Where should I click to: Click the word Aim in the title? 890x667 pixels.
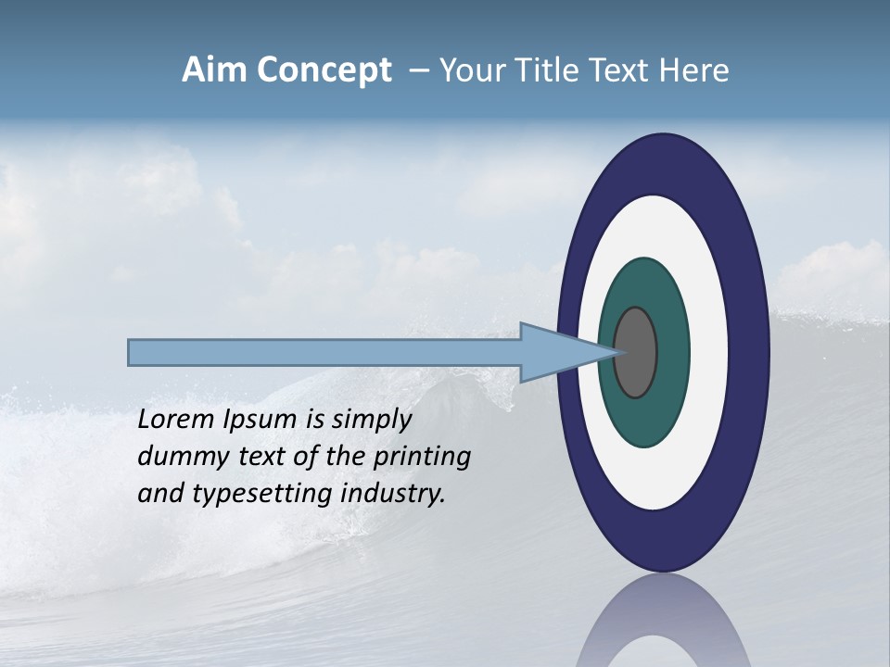[x=216, y=70]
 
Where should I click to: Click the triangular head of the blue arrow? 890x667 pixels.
[x=556, y=353]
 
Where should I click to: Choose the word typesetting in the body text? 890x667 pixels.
[x=263, y=494]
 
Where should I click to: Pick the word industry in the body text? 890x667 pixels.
[x=393, y=494]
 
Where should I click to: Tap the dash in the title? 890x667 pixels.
[x=418, y=70]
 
